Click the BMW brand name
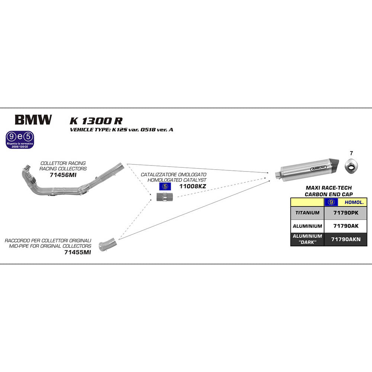click(x=33, y=120)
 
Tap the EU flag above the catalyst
click(x=164, y=186)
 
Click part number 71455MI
click(x=77, y=252)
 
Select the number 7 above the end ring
click(x=351, y=153)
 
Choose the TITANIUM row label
click(x=307, y=213)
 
